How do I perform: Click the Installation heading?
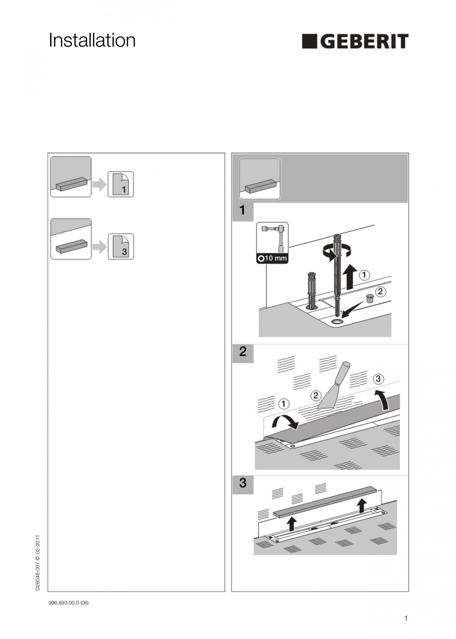(92, 41)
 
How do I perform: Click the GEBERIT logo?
(355, 42)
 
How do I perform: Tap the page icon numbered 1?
(121, 184)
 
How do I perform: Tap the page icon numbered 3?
(121, 247)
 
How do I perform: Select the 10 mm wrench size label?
(273, 258)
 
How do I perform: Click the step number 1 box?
(242, 211)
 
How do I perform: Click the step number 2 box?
(242, 353)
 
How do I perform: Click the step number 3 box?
(242, 483)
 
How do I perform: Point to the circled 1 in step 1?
(364, 274)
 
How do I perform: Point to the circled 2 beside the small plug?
(380, 292)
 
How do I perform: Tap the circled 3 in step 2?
(378, 379)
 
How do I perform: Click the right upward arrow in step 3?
(362, 505)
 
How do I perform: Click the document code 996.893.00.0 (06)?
(68, 603)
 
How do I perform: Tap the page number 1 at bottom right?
(406, 618)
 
